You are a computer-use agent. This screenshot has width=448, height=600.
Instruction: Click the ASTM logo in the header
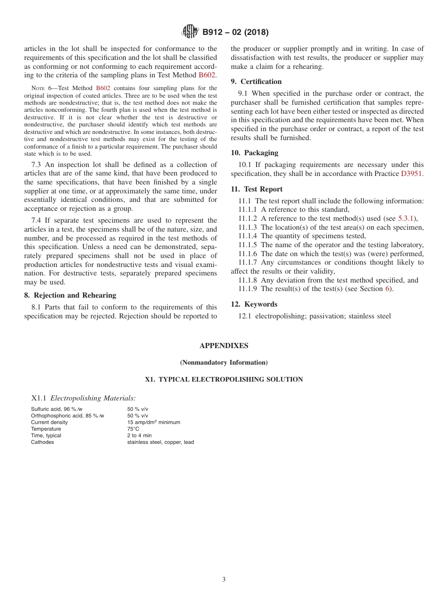tap(190, 32)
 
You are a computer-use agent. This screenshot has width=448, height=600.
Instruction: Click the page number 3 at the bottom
tap(224, 579)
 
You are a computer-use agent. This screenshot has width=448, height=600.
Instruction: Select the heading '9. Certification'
tap(256, 82)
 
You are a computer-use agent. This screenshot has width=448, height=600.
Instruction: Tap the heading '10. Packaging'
tap(254, 153)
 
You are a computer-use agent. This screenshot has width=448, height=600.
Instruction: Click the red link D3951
tap(412, 174)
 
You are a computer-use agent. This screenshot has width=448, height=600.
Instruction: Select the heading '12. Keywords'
tap(254, 304)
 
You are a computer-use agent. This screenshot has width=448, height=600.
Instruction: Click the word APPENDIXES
tap(224, 346)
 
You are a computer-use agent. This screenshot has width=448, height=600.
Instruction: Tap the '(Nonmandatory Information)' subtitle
tap(224, 362)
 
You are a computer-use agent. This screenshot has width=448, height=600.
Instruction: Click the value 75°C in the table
tap(133, 429)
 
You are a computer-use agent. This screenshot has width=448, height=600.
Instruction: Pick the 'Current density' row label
tap(49, 422)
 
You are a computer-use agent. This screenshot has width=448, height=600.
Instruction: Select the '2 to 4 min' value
tap(139, 435)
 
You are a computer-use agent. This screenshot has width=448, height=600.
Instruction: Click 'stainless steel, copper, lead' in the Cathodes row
tap(160, 442)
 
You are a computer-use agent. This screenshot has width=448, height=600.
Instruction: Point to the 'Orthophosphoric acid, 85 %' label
tap(66, 416)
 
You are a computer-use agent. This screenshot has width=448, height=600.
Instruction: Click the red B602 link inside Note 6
tap(103, 88)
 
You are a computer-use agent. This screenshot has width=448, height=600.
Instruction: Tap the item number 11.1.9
tap(248, 289)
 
